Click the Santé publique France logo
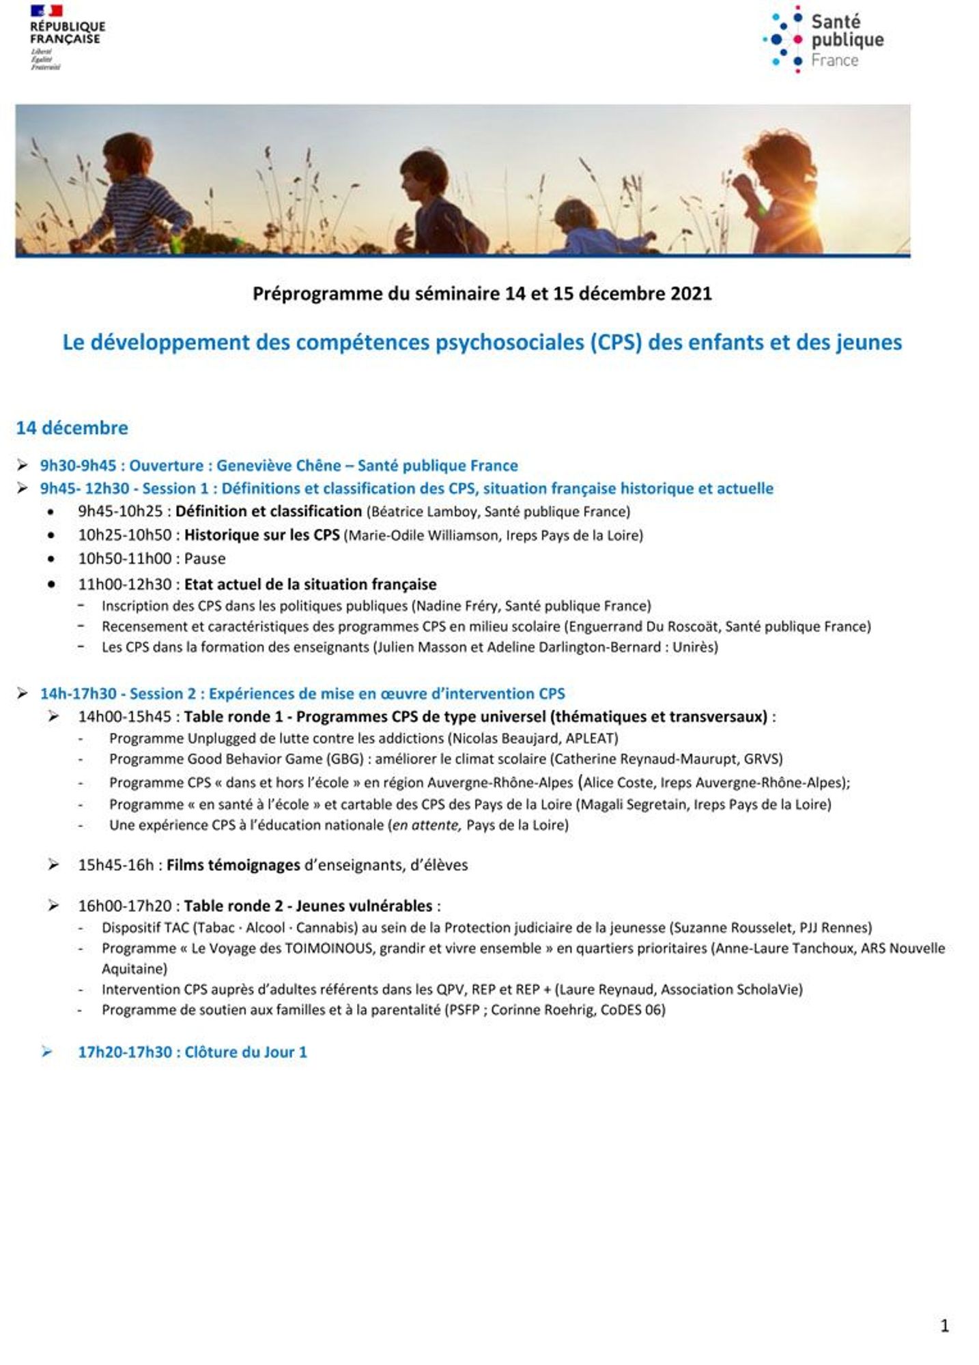point(824,40)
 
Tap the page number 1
point(944,1325)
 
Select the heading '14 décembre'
point(72,428)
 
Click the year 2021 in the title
point(690,293)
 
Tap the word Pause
point(205,558)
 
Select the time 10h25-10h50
point(124,534)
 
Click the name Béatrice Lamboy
point(423,511)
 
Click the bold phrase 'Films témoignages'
point(233,865)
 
